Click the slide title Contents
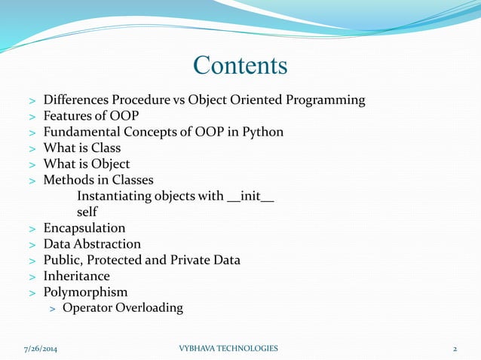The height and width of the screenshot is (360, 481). click(240, 66)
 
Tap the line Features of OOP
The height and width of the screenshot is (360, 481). click(91, 116)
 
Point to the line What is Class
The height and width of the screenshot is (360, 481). click(81, 148)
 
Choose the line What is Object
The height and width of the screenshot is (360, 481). click(87, 164)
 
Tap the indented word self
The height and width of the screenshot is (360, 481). click(87, 212)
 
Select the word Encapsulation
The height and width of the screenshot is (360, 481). click(84, 228)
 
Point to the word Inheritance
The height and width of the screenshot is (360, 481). click(76, 276)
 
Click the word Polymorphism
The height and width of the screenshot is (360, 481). click(85, 292)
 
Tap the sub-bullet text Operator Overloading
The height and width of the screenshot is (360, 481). click(123, 308)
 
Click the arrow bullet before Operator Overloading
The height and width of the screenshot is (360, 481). click(53, 309)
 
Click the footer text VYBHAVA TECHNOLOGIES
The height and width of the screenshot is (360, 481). click(228, 349)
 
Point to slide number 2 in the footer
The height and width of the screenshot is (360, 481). click(455, 349)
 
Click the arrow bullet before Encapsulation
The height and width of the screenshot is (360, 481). click(32, 229)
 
